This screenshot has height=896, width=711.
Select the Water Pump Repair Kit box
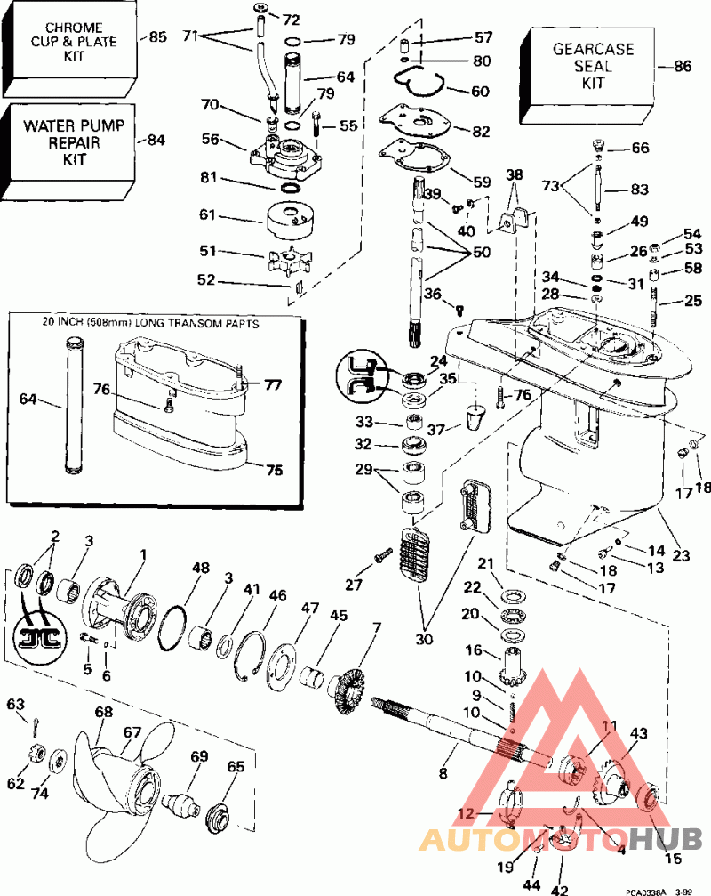tap(62, 142)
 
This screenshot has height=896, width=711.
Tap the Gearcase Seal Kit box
tap(592, 66)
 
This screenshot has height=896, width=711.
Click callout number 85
tap(157, 37)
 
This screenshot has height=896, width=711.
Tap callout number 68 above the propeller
tap(104, 712)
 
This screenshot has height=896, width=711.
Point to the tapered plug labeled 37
tap(476, 416)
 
